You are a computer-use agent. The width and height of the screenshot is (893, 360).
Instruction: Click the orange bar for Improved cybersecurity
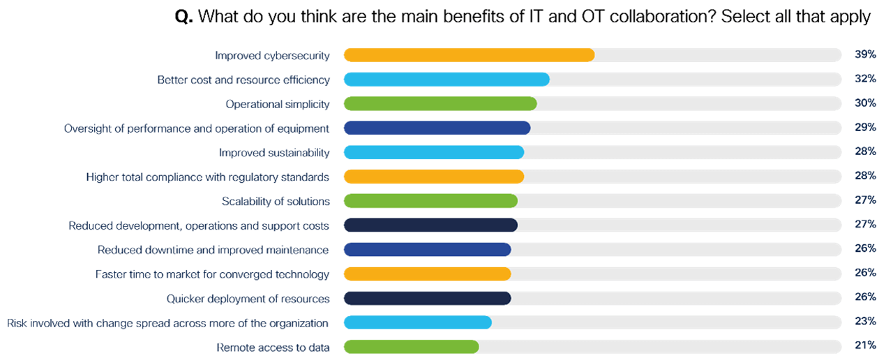(469, 55)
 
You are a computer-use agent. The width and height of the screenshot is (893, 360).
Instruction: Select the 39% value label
(865, 55)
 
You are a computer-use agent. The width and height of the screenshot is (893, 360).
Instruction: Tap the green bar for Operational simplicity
(440, 104)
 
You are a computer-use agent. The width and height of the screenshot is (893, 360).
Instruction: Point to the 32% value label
(865, 80)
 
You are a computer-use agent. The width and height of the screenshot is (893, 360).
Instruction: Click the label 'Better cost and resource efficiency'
(243, 80)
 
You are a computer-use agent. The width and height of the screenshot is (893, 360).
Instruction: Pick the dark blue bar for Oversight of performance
(437, 128)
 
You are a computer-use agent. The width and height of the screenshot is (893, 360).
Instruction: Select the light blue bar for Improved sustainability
(434, 153)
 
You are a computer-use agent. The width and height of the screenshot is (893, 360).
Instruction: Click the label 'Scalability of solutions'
(276, 202)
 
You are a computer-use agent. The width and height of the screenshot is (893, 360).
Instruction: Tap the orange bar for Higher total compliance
(434, 177)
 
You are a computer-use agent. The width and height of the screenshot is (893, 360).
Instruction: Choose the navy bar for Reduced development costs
(430, 225)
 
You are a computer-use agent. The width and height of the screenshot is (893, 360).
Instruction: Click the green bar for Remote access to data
(411, 347)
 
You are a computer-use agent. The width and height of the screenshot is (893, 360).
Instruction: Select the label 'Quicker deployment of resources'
(248, 299)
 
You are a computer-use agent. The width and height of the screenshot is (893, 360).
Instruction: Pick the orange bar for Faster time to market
(428, 274)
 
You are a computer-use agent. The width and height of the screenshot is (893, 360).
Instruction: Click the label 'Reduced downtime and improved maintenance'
(213, 250)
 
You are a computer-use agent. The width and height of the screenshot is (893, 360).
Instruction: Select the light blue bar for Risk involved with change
(418, 322)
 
